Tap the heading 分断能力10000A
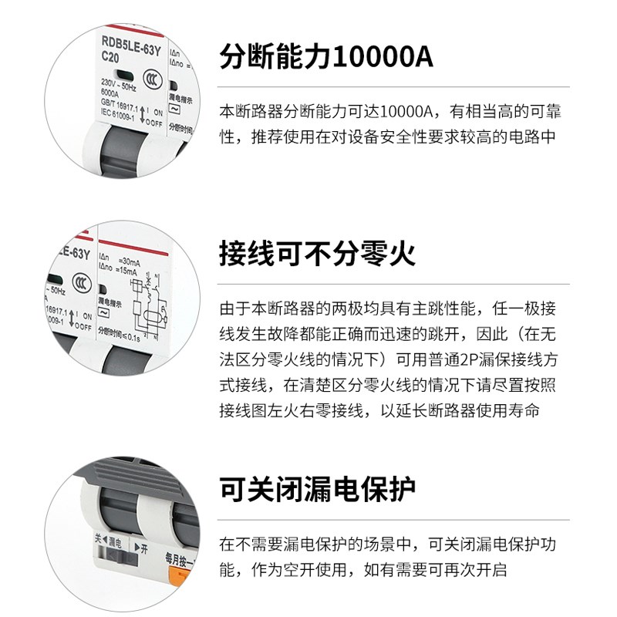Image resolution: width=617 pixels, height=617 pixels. pyautogui.click(x=327, y=56)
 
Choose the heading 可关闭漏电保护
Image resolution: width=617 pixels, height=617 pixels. pyautogui.click(x=318, y=488)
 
